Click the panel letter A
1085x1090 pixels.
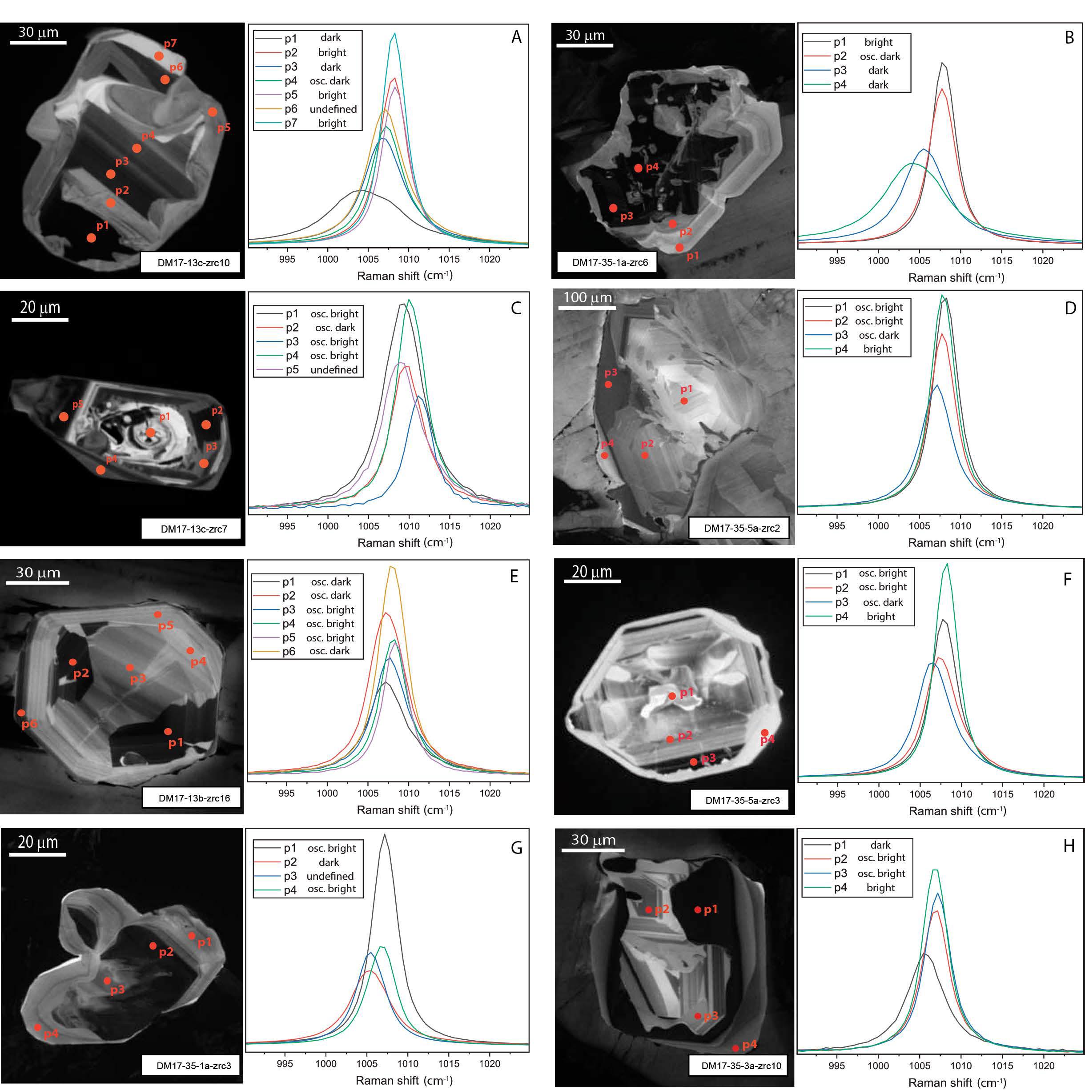[x=516, y=37]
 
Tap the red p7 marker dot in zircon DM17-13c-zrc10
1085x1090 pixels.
[x=159, y=56]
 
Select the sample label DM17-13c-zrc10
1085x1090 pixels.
[x=193, y=262]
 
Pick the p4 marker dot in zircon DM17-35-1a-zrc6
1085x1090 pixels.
[x=638, y=168]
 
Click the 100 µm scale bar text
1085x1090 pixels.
[x=587, y=297]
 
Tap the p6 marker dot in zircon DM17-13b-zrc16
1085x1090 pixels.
[x=21, y=713]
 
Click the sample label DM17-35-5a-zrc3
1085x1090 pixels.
[x=743, y=800]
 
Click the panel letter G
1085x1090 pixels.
[x=516, y=848]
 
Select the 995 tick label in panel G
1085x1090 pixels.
[x=285, y=1063]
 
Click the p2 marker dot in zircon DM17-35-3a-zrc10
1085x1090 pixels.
[x=649, y=910]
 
